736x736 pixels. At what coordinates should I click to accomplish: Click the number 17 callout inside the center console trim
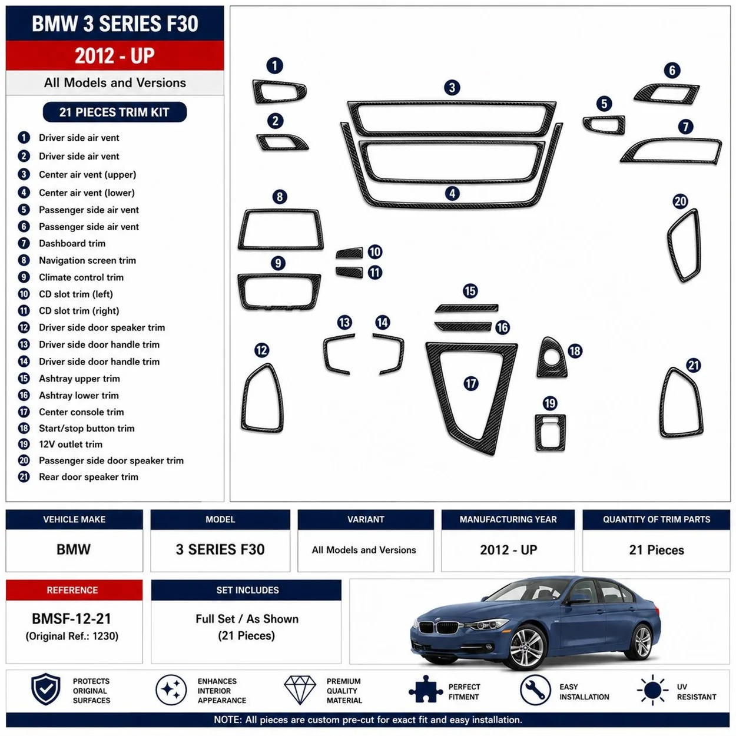471,383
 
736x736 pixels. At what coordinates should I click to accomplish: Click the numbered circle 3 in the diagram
452,88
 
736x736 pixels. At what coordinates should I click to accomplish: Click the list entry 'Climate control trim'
81,277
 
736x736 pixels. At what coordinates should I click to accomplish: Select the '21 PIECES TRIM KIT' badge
115,112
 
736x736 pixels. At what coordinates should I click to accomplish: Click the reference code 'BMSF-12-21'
71,619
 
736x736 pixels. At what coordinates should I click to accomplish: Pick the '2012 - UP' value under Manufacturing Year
508,550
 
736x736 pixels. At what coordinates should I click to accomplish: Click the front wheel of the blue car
527,648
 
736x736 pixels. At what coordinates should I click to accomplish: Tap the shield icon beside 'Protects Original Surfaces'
45,689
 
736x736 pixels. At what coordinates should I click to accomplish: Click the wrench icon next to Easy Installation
535,690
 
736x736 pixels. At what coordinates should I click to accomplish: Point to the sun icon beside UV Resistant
653,690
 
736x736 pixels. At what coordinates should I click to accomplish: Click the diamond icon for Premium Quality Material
300,690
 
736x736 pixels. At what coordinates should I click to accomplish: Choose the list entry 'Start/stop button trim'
87,428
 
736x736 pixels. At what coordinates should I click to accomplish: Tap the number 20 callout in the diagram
680,201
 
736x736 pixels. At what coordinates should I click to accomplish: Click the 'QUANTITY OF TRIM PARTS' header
657,519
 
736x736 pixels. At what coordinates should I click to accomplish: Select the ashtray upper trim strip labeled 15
467,308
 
